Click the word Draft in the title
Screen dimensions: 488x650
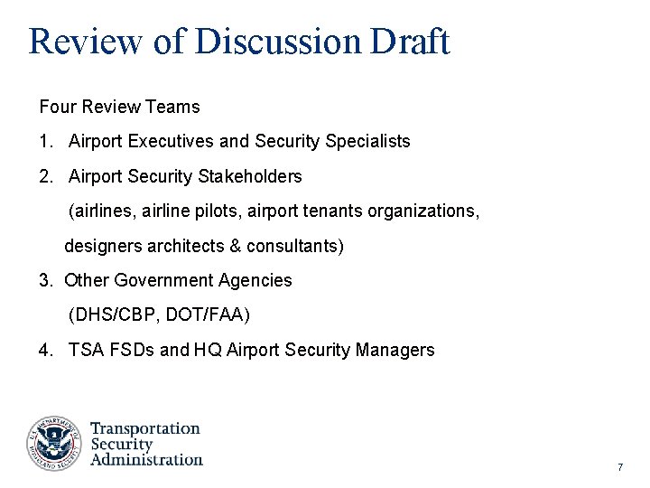[409, 42]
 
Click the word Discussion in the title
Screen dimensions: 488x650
[277, 42]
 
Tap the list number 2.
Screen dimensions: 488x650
[45, 176]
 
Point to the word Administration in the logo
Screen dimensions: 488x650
[147, 459]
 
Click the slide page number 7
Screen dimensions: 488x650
[620, 467]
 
